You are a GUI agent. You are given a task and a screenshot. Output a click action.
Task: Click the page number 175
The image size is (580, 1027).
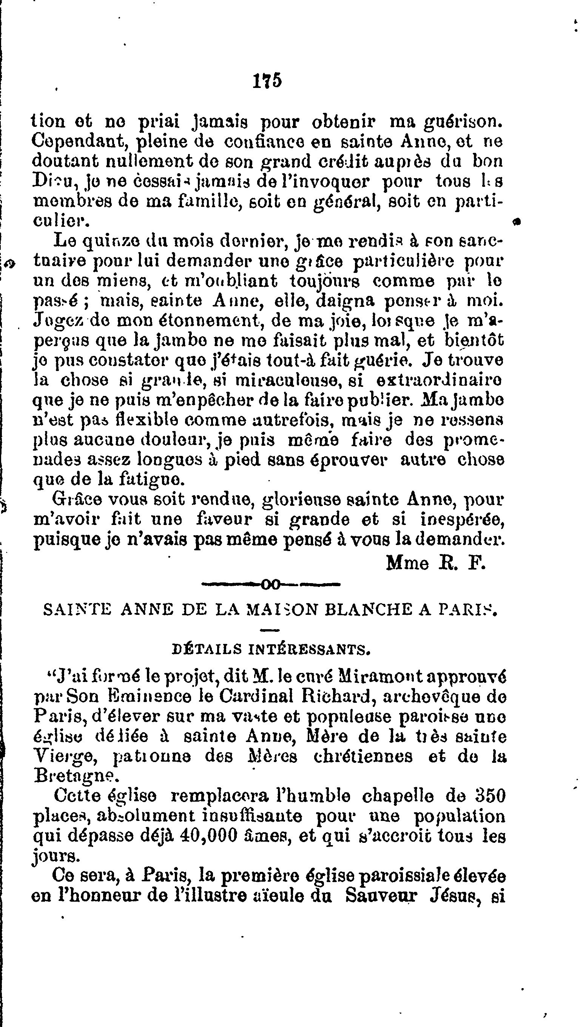[267, 80]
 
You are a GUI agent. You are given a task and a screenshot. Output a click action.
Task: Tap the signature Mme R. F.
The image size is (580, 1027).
[436, 563]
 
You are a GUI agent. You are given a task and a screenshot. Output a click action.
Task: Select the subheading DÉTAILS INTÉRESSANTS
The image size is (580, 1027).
[271, 649]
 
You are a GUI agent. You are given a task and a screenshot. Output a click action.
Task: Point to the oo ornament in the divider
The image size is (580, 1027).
[271, 585]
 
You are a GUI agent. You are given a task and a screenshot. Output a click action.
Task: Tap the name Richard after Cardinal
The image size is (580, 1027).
[340, 696]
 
